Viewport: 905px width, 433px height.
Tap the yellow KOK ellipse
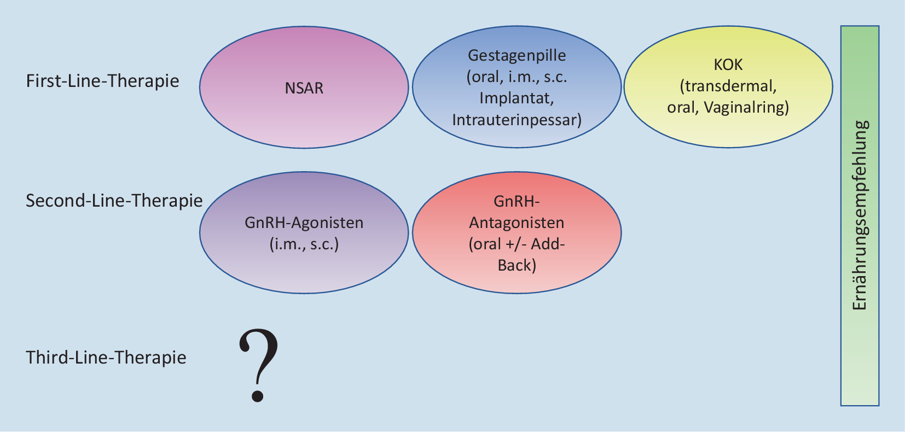coord(728,131)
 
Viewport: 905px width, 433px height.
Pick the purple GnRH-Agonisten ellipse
coord(304,268)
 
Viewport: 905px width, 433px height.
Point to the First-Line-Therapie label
coord(103,81)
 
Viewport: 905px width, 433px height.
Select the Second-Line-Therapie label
coord(114,201)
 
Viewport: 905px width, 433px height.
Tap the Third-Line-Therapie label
coord(106,358)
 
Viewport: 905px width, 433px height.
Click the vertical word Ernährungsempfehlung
coord(860,215)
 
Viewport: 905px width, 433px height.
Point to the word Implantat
coord(517,98)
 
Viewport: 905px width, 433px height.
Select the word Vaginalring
coord(746,107)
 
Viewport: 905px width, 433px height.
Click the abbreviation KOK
coord(728,65)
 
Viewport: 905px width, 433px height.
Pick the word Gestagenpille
coord(517,55)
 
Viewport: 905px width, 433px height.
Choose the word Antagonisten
coord(517,223)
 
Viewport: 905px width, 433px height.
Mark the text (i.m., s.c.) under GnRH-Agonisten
coord(304,244)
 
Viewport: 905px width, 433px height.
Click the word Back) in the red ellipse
coord(517,265)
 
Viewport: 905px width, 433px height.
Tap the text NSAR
coord(304,88)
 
